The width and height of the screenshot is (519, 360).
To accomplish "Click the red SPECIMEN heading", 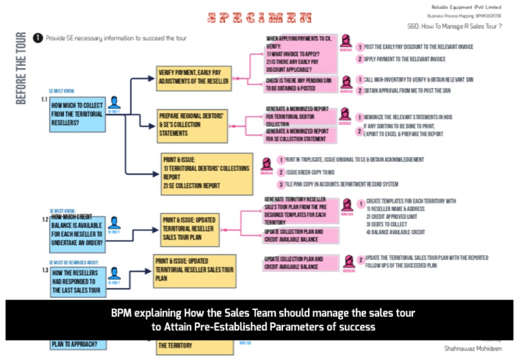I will tap(260, 18).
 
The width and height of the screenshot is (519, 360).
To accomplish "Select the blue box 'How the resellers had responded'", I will tap(77, 282).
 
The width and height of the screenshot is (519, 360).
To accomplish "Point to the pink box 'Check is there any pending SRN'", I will tap(300, 84).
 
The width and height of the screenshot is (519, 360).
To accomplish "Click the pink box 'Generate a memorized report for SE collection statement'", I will tap(300, 135).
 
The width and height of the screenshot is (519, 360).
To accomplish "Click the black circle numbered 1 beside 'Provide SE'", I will tap(38, 38).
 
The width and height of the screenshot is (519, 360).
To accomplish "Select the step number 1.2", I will tap(45, 220).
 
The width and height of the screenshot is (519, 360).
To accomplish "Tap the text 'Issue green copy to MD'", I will tap(310, 172).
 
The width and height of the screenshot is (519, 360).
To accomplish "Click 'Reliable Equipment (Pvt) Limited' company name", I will tap(466, 7).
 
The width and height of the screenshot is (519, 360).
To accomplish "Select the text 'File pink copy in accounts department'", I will tap(342, 184).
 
